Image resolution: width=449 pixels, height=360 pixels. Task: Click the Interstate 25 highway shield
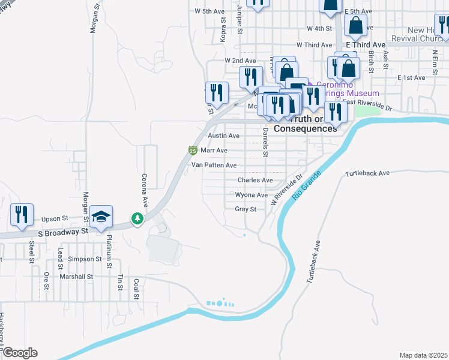(193, 151)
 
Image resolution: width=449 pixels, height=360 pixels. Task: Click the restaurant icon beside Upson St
(22, 215)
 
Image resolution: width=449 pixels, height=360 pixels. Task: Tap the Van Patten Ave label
(214, 165)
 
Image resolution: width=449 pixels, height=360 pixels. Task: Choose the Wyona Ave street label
(252, 195)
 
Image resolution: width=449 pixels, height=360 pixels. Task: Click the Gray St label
(246, 209)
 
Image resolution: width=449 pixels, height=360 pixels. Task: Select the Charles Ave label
(256, 180)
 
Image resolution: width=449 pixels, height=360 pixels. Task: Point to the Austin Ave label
(223, 136)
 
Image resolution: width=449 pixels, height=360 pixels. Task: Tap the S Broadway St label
(63, 230)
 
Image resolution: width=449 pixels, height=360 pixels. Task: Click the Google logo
(20, 353)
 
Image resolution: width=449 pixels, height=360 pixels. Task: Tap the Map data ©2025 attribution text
(424, 355)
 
